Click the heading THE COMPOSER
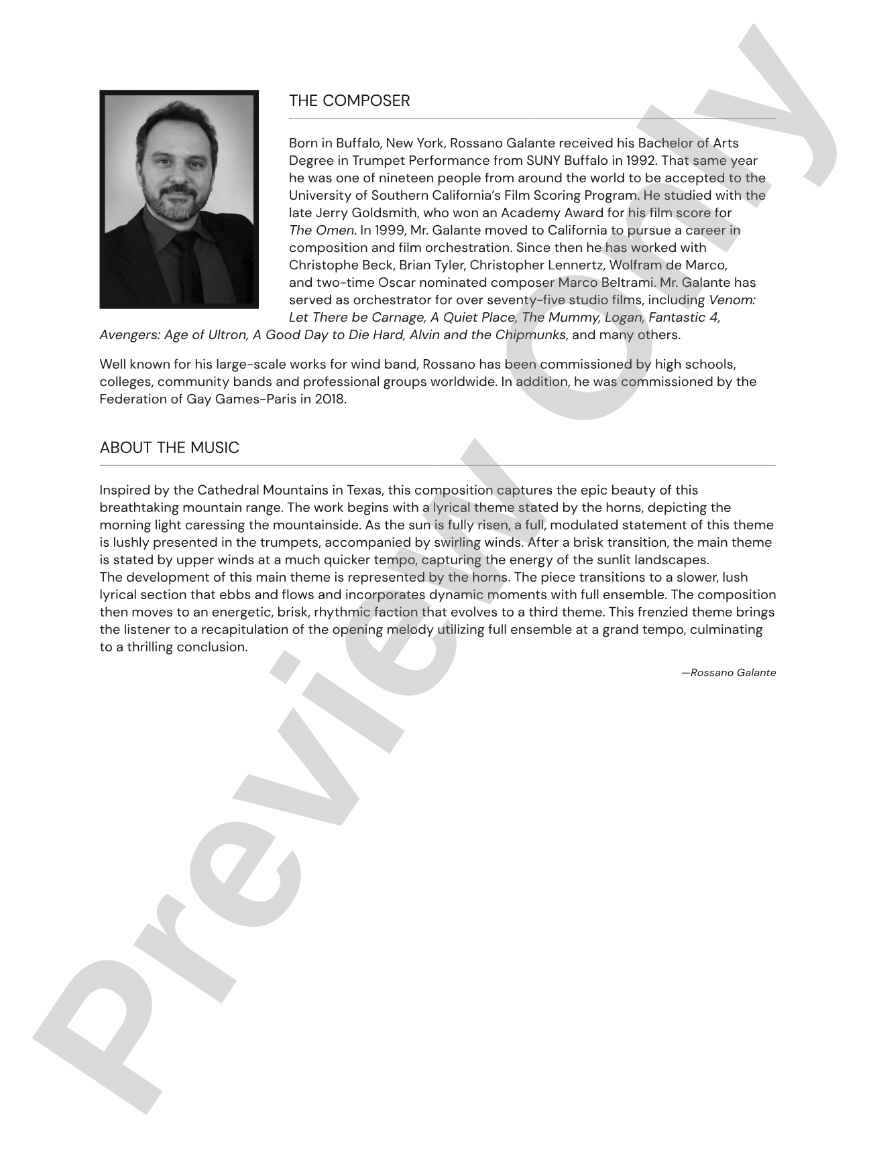tap(349, 101)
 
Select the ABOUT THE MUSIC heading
tap(169, 448)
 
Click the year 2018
tap(330, 399)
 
